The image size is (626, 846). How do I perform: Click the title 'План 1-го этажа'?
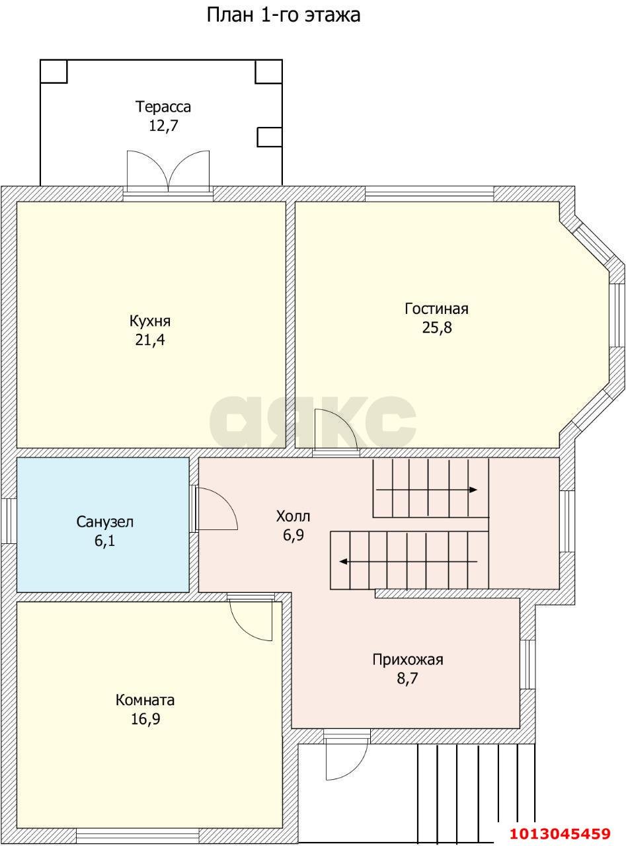point(284,16)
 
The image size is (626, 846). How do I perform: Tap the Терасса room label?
point(163,107)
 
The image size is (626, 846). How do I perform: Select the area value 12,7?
point(163,126)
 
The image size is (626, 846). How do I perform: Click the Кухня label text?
point(150,321)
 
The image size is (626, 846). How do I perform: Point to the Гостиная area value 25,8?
point(437,327)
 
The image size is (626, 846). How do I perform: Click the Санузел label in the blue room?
point(105,521)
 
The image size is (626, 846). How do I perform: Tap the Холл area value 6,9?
point(293,535)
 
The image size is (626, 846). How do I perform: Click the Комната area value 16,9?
point(145,719)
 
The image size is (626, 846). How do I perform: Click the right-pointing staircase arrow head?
point(473,490)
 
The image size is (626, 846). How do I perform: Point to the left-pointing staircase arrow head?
point(344,561)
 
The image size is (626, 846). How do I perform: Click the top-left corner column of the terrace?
point(54,71)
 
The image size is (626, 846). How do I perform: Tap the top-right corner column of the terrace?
point(268,71)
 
